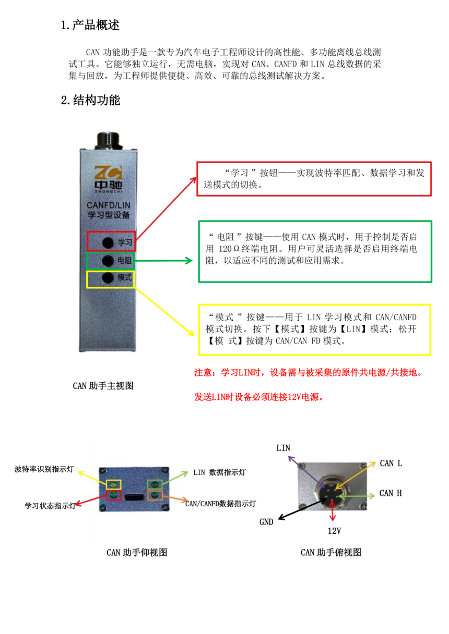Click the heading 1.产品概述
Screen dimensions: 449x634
[x=90, y=25]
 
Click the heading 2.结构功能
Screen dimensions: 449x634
[x=90, y=100]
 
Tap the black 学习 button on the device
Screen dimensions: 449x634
[x=108, y=242]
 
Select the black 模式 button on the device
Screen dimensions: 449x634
[x=108, y=278]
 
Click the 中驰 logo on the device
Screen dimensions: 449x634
[x=108, y=179]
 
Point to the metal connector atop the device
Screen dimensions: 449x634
[x=109, y=140]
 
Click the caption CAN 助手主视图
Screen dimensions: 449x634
[x=103, y=386]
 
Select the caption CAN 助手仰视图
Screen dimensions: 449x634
[x=137, y=552]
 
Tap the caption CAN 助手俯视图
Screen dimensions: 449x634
[x=331, y=552]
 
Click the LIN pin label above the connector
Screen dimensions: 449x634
[x=283, y=448]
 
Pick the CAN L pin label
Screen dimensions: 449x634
[x=391, y=463]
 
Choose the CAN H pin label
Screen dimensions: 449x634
[x=391, y=493]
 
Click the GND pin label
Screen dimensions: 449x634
[x=266, y=522]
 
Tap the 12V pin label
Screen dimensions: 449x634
[x=334, y=531]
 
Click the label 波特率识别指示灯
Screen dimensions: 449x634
[x=44, y=469]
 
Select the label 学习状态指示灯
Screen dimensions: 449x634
[x=50, y=506]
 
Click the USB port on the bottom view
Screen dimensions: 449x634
[x=134, y=497]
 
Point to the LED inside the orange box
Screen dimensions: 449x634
[x=155, y=495]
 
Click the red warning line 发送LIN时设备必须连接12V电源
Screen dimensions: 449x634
[x=259, y=397]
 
